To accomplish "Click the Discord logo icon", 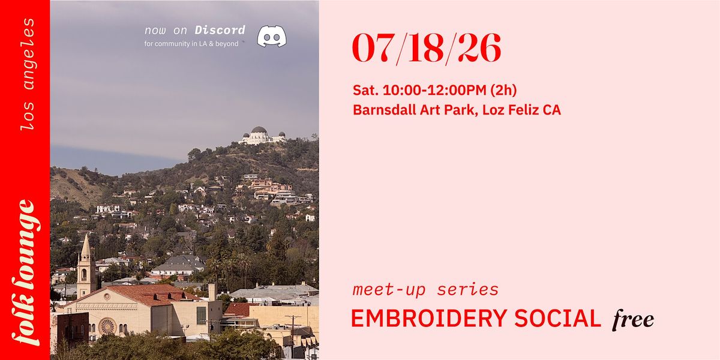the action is (272, 37).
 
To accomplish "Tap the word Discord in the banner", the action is (220, 30).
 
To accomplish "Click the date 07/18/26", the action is (427, 49).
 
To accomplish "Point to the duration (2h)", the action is (503, 90).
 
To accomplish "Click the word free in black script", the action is (633, 319).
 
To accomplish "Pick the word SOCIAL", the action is (557, 318).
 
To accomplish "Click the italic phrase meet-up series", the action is (425, 290).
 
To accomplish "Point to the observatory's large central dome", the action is (259, 130).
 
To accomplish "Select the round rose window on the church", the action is (107, 326).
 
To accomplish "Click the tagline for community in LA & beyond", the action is (191, 44).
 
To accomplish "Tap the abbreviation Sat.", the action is (365, 90).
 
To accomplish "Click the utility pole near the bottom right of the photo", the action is (293, 334).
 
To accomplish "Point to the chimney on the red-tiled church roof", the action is (212, 292).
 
